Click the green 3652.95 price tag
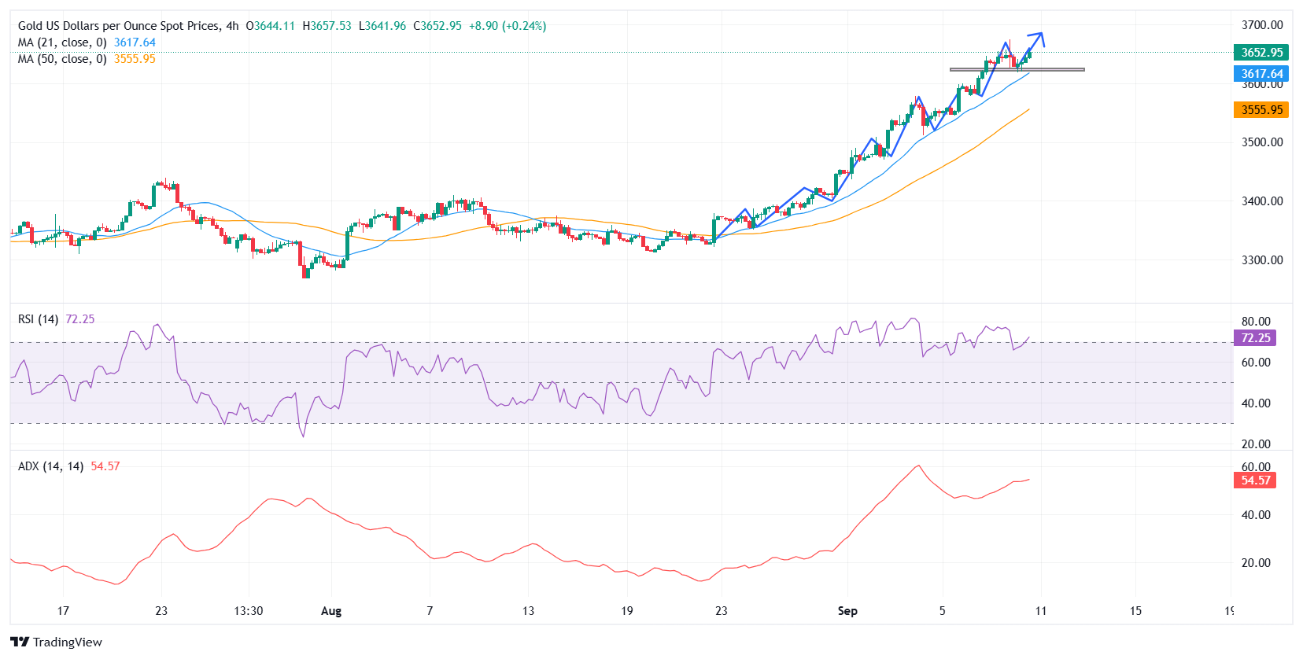pos(1261,53)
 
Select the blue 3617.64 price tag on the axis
pos(1261,74)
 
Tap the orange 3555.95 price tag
pos(1261,110)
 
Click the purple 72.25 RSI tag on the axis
pos(1255,338)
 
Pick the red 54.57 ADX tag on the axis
pos(1255,480)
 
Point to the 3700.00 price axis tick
pos(1261,25)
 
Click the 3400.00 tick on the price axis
pos(1261,201)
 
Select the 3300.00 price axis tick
pos(1261,260)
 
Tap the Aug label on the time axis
pos(331,611)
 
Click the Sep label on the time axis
pos(847,611)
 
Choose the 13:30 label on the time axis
pos(249,611)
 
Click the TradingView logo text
pos(67,642)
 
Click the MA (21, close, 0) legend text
pos(62,42)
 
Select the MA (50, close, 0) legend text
pos(62,59)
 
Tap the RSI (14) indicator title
pos(38,319)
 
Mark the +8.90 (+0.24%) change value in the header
pos(507,26)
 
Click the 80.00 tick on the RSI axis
pos(1256,322)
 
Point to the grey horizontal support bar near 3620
pos(1017,70)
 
